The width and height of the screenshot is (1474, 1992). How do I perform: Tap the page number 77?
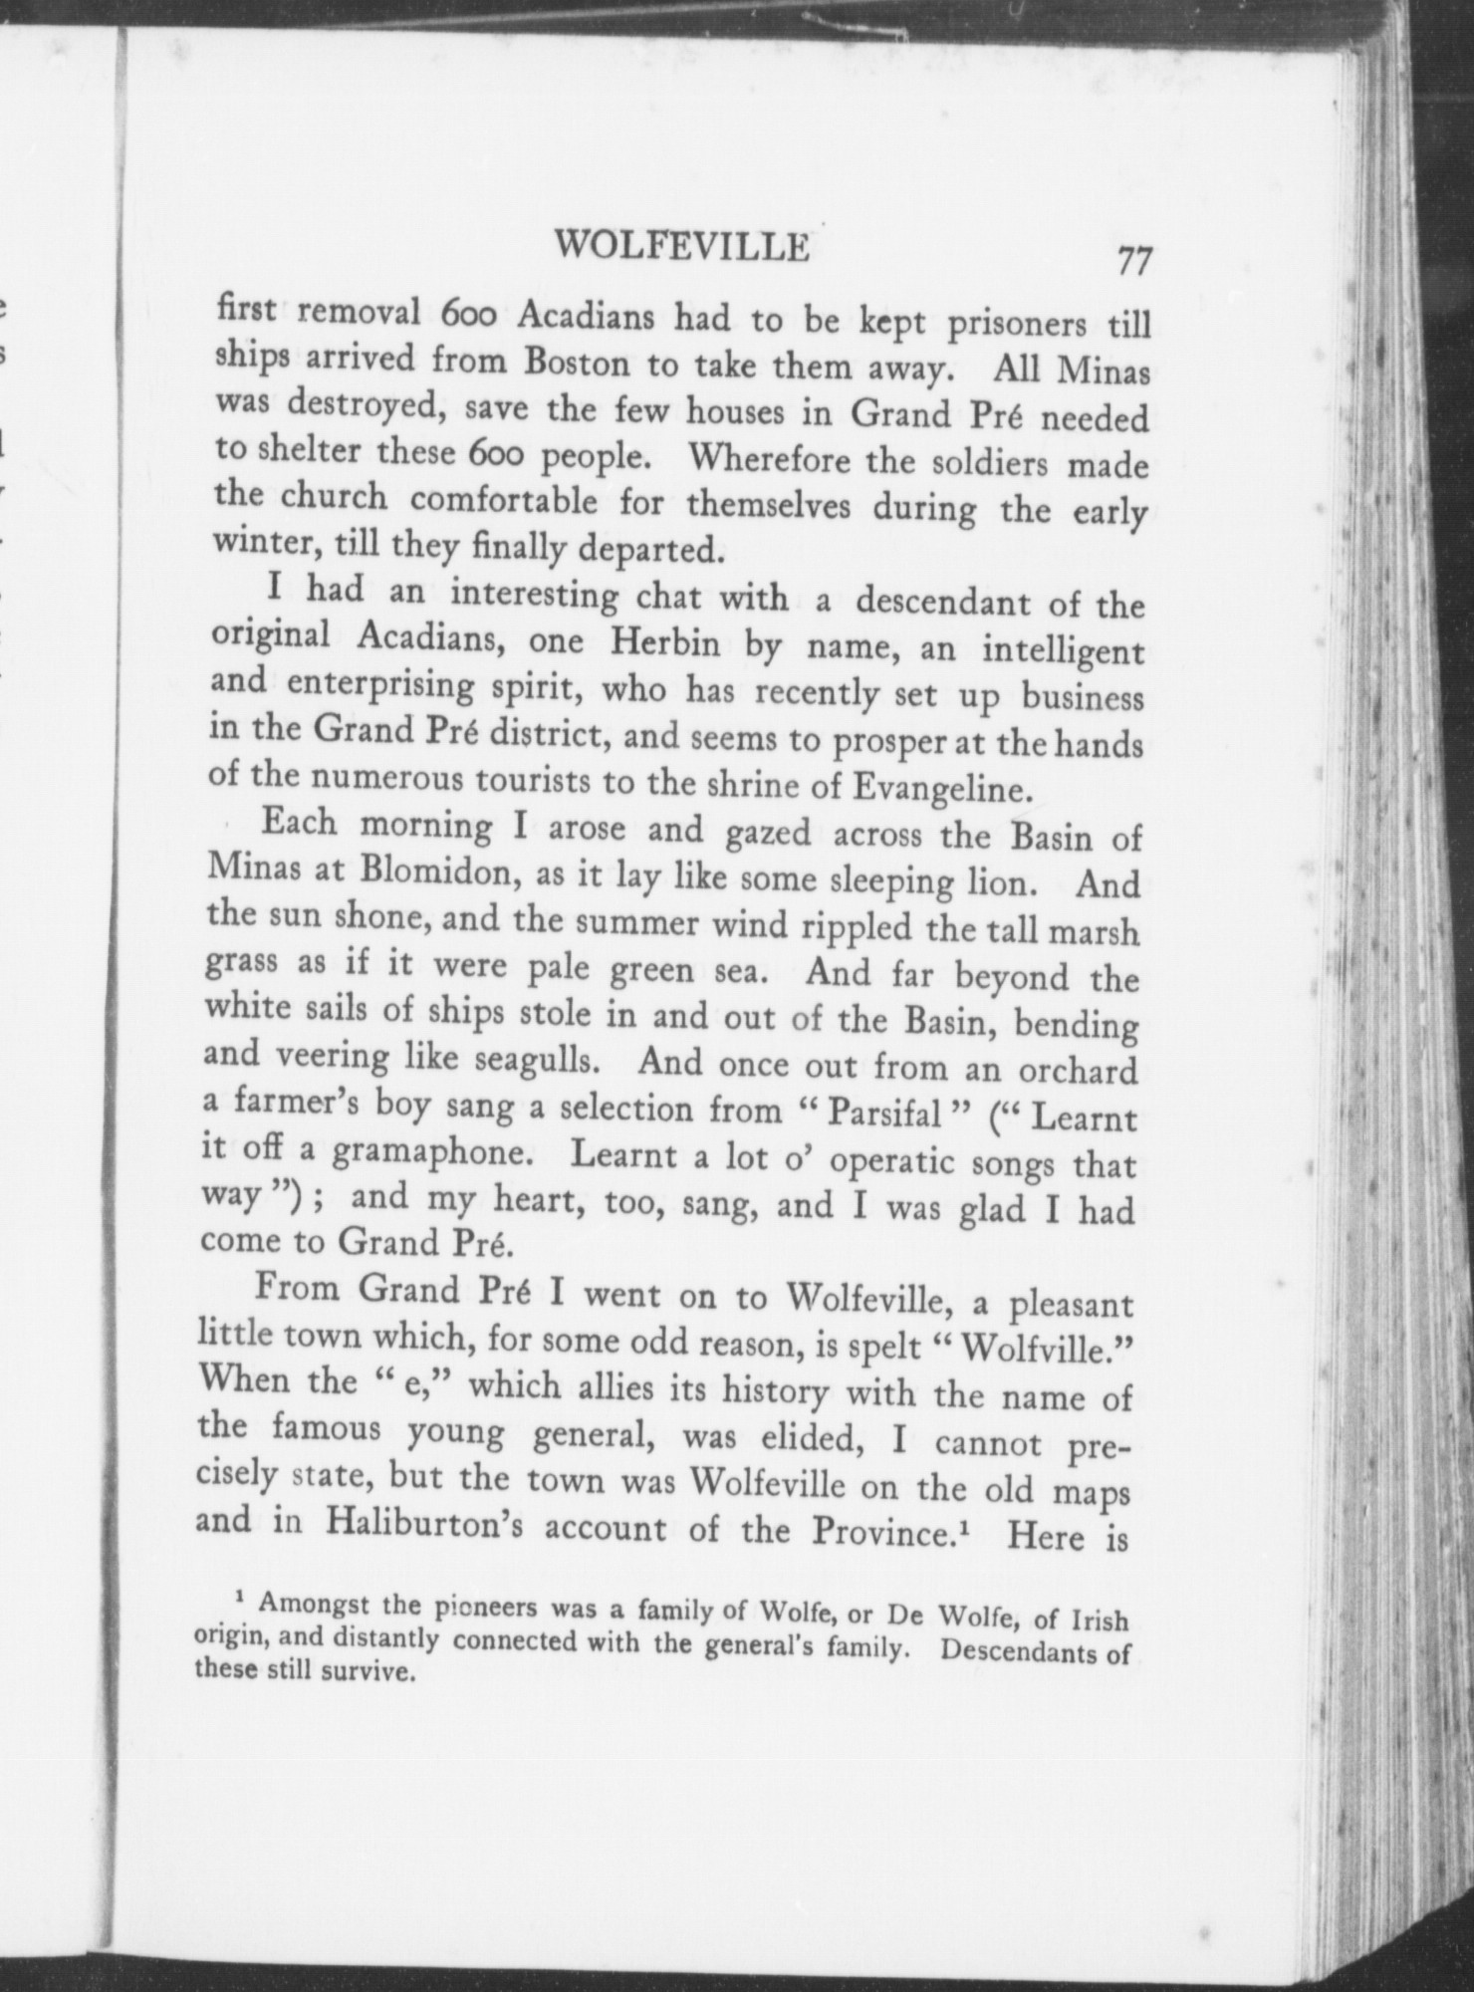coord(1134,261)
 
